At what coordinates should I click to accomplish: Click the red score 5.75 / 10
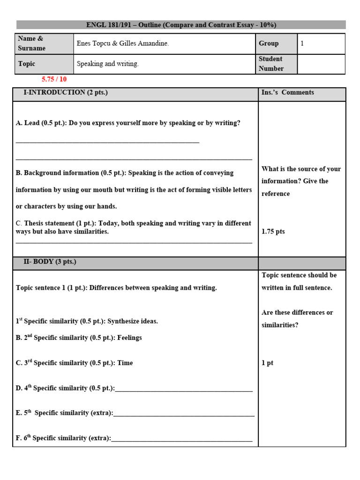click(x=54, y=80)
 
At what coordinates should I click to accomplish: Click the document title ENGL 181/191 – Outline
click(x=181, y=25)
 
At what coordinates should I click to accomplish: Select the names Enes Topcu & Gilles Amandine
click(x=122, y=44)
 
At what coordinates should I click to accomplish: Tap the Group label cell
click(x=269, y=44)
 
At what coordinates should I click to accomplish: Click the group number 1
click(x=302, y=44)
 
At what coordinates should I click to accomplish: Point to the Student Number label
click(x=271, y=64)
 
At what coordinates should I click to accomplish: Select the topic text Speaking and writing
click(x=107, y=64)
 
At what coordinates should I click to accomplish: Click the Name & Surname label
click(x=32, y=44)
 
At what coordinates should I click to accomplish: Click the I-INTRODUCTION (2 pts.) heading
click(x=66, y=93)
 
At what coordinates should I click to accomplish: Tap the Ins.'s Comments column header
click(x=287, y=93)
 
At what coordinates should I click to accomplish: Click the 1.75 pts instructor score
click(x=273, y=232)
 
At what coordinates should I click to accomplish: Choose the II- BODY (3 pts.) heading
click(x=50, y=262)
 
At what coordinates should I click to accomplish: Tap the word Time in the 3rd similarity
click(x=125, y=363)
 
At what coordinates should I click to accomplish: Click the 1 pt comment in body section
click(x=268, y=363)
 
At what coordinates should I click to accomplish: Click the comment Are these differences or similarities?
click(x=297, y=319)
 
